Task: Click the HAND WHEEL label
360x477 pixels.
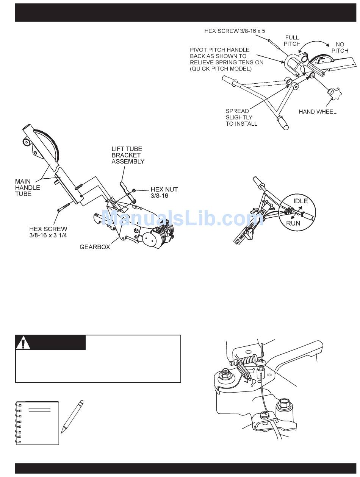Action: tap(317, 112)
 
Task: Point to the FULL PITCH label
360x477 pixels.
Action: tap(292, 41)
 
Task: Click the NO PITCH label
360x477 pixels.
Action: tap(340, 47)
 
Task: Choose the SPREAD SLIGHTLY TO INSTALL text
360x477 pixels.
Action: tap(241, 117)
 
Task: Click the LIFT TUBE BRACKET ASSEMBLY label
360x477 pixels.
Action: tap(128, 155)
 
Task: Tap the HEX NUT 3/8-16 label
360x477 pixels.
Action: tap(164, 192)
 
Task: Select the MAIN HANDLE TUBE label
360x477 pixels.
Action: tap(27, 188)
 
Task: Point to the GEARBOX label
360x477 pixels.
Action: tap(95, 247)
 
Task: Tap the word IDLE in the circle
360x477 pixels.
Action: tap(301, 201)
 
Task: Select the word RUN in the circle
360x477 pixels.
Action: tap(293, 223)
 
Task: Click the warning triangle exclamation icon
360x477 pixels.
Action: tap(23, 343)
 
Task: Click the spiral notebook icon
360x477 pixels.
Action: tap(37, 422)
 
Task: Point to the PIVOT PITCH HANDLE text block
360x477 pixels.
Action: tap(226, 59)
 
